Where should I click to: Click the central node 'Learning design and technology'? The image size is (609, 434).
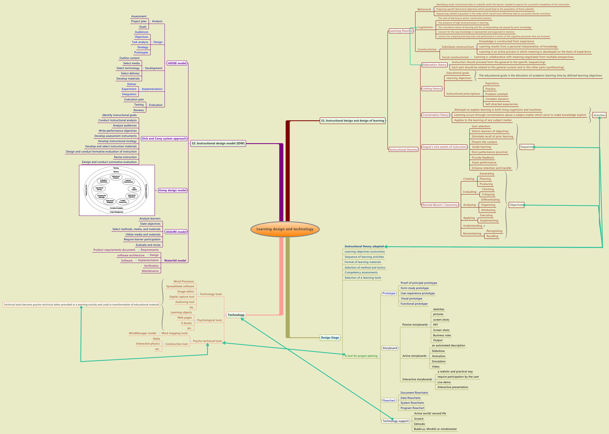pos(285,229)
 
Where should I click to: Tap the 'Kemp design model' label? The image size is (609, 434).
pos(172,190)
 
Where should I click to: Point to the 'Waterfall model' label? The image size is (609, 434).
pos(175,260)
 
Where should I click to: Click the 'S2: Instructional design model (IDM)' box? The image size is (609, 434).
pos(218,143)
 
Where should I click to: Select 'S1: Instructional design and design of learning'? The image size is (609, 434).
pos(352,121)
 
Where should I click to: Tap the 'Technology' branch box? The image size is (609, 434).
pos(236,315)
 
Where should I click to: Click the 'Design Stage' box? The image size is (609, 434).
pos(330,338)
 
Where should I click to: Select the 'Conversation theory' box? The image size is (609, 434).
pos(435,115)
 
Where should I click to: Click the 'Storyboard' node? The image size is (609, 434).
pos(390,348)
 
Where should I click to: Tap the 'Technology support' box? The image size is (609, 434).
pos(395,421)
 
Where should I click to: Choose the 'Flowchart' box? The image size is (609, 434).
pos(389,400)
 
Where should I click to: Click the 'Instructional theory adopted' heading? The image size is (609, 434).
pos(364,246)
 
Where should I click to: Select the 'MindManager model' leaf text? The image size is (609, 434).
pos(142,333)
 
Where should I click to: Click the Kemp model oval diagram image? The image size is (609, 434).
pos(117,190)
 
